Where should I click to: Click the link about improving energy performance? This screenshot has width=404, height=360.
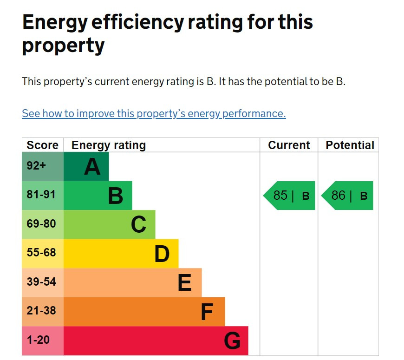[154, 114]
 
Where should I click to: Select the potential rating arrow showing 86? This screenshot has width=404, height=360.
[348, 196]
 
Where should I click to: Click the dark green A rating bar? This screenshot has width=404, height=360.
[86, 166]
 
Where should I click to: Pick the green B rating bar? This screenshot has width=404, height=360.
[98, 196]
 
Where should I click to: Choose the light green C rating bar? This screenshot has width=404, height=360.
[110, 224]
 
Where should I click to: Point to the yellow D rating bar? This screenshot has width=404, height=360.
[121, 254]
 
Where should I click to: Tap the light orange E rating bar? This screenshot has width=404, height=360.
[133, 282]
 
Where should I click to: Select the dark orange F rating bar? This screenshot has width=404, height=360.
[144, 312]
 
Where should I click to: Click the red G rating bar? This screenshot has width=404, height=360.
[156, 340]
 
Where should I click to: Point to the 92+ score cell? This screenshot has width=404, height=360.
[43, 166]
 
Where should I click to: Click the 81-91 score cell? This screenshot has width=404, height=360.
[43, 196]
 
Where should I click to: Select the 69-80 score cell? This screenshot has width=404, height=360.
[43, 224]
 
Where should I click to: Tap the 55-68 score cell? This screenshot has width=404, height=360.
[43, 254]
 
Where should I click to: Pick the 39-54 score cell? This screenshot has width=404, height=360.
[43, 282]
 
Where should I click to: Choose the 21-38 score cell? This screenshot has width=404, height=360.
[43, 312]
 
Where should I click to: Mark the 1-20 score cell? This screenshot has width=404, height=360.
[43, 340]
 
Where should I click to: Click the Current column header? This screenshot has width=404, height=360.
[289, 145]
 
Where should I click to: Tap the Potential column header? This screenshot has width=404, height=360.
[350, 145]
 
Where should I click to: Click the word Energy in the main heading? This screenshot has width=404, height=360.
[55, 23]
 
